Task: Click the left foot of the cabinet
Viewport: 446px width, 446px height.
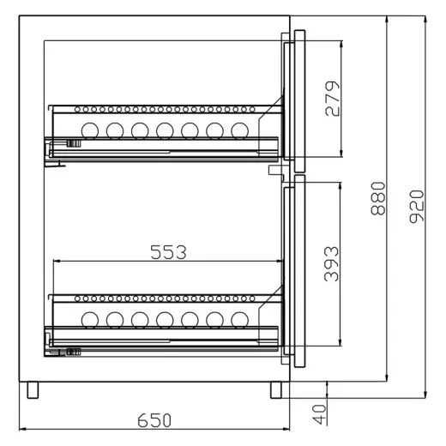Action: [33, 389]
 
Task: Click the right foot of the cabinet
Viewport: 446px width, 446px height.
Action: [275, 389]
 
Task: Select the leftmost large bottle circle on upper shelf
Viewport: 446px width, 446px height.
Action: [89, 130]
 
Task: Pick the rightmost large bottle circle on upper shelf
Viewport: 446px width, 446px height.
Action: [241, 130]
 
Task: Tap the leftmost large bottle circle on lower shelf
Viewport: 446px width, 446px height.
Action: [89, 320]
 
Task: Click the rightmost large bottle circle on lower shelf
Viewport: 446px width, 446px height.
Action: [241, 320]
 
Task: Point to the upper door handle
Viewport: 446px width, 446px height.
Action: [298, 99]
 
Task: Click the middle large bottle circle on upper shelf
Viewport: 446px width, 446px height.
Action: [165, 130]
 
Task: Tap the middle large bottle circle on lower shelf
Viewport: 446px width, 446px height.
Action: [165, 320]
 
